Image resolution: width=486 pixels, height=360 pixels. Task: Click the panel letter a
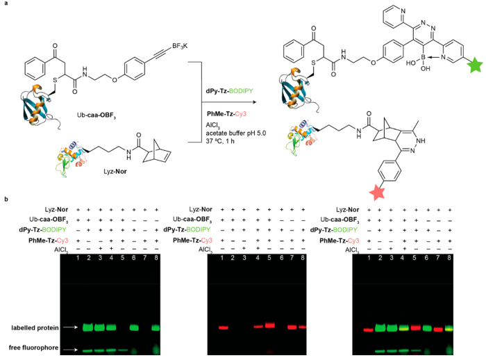pyautogui.click(x=5, y=5)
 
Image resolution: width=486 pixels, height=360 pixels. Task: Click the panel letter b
pyautogui.click(x=5, y=199)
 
